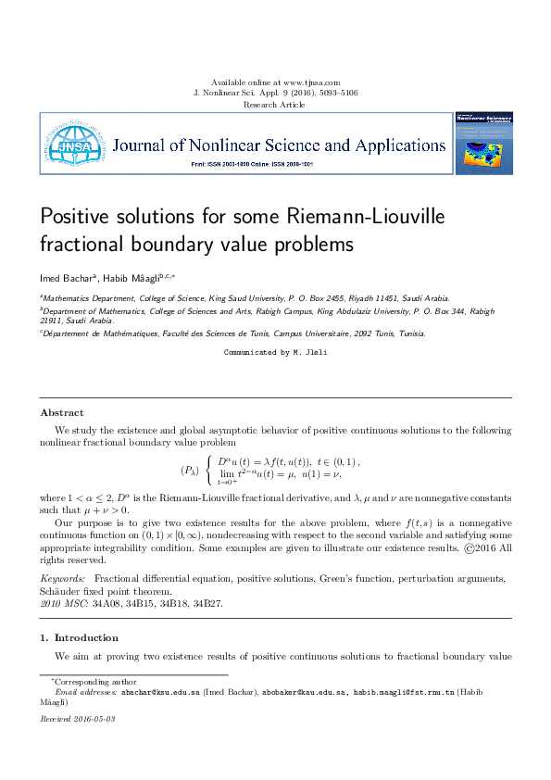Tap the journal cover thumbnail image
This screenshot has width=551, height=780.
point(483,143)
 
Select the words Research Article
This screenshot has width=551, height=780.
point(274,105)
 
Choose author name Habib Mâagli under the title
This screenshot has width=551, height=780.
point(129,278)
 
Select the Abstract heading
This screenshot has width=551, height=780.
point(62,412)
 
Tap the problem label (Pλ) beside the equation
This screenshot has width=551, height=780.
point(190,470)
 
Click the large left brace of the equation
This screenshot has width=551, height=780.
point(209,470)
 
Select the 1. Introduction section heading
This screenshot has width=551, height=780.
point(79,637)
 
